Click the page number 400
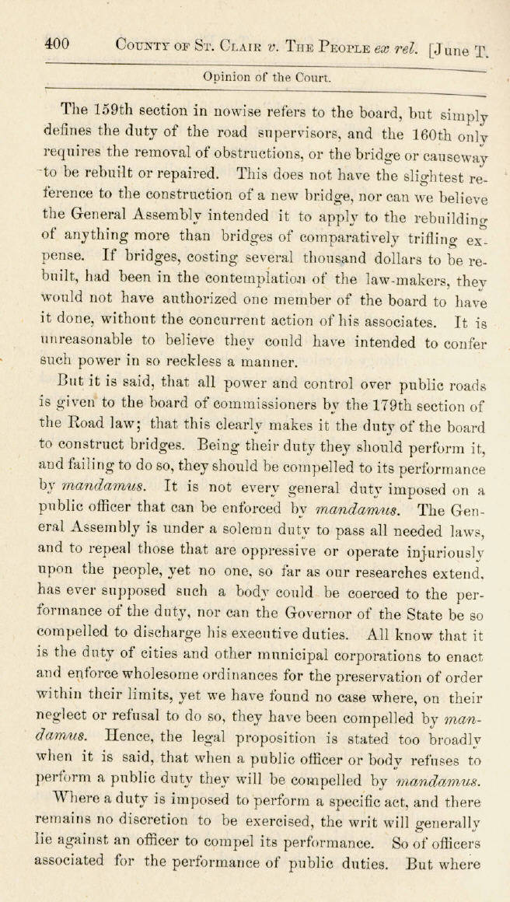(57, 44)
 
